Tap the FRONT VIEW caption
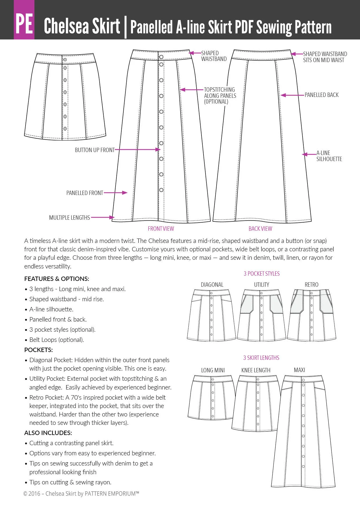click(x=161, y=229)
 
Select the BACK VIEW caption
click(x=260, y=229)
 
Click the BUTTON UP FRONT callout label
click(x=95, y=150)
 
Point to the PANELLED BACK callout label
click(x=321, y=95)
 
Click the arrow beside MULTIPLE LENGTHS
click(x=103, y=217)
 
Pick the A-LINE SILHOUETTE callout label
click(x=329, y=156)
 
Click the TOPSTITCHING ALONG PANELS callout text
click(x=220, y=95)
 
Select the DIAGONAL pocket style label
click(x=212, y=285)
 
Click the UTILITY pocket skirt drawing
click(x=261, y=315)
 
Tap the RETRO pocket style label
click(x=312, y=285)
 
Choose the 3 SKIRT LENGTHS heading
click(x=261, y=358)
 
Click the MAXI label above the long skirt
click(x=299, y=370)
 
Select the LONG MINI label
click(x=213, y=370)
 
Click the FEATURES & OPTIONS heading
click(x=57, y=279)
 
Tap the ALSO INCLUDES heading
click(x=48, y=433)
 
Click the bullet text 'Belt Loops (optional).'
click(x=56, y=340)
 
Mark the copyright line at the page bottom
click(x=81, y=494)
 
